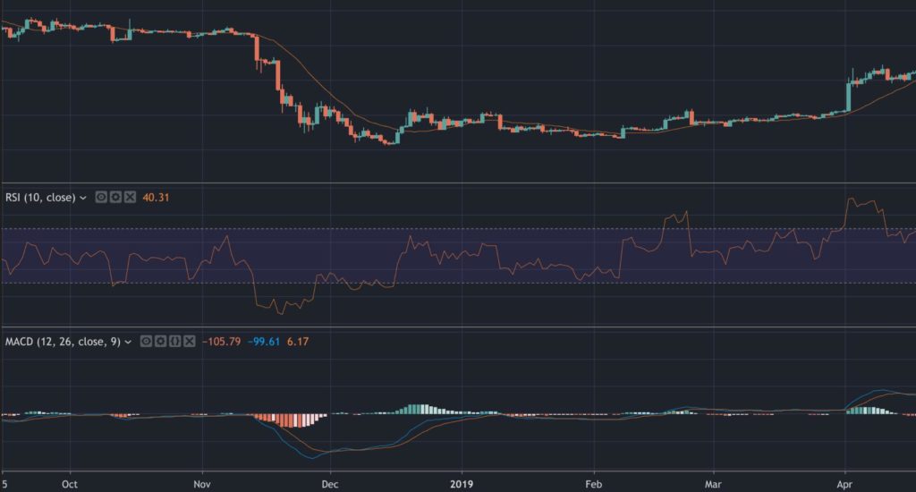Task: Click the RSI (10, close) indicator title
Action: coord(41,197)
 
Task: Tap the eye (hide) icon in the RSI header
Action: coord(101,197)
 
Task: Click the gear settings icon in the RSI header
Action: coord(115,197)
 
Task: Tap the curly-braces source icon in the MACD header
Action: coord(174,341)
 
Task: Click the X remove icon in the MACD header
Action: coord(189,341)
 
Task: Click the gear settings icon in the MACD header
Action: coord(160,341)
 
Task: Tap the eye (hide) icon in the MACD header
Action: coord(146,341)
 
